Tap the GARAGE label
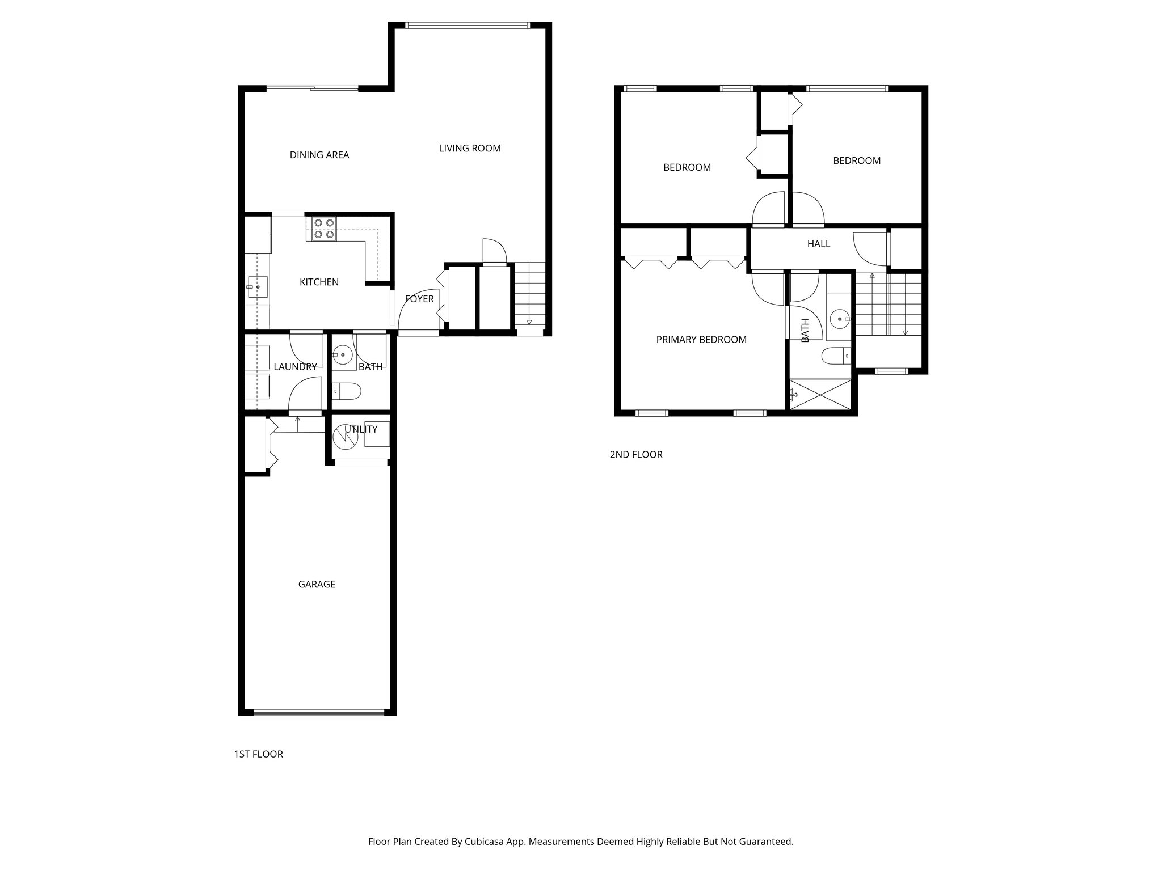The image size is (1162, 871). tap(317, 584)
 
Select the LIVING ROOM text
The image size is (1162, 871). tap(470, 148)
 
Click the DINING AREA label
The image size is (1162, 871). tap(319, 155)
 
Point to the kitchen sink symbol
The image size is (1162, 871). tap(257, 287)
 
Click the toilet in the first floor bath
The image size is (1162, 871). tap(347, 390)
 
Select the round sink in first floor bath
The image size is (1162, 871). tap(342, 356)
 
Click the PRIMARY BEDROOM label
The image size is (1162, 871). tap(701, 340)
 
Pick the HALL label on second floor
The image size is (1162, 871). tap(818, 244)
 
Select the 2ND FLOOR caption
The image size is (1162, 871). tap(636, 454)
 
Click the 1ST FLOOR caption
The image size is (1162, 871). tap(258, 754)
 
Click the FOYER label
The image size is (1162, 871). tap(419, 299)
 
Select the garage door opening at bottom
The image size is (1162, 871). tap(319, 712)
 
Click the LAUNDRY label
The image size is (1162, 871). tap(295, 367)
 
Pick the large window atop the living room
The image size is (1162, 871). tap(468, 25)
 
